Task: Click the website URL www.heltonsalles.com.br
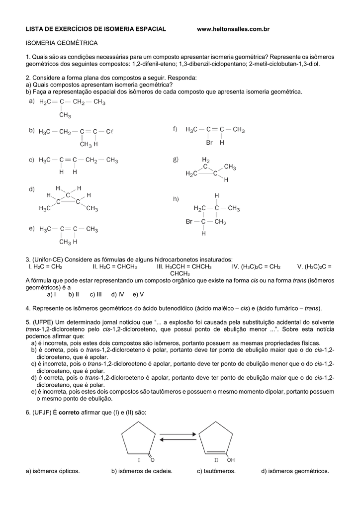(233, 30)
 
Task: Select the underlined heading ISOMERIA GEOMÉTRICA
(62, 43)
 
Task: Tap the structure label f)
(176, 129)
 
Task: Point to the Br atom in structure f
(209, 142)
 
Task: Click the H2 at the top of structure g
(206, 160)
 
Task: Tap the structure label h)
(176, 199)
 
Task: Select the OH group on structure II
(231, 460)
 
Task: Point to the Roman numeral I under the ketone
(139, 460)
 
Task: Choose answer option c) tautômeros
(216, 471)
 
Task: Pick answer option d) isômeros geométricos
(295, 471)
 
